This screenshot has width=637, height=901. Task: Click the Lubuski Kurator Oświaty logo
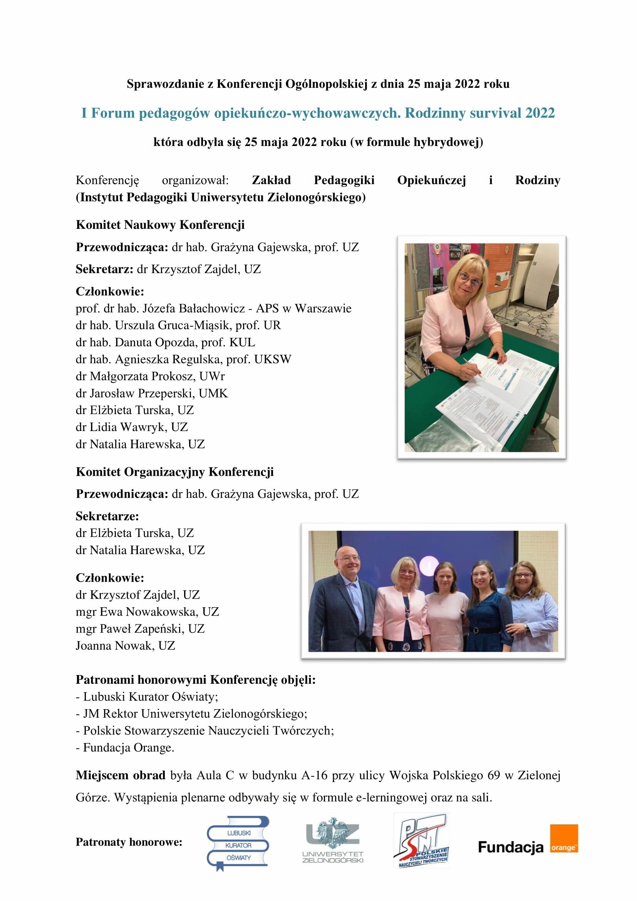click(x=238, y=843)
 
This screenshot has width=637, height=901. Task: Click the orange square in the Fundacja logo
click(x=564, y=839)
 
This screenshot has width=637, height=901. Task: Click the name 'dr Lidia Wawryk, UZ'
click(x=132, y=427)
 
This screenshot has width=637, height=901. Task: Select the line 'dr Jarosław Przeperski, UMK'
click(x=152, y=393)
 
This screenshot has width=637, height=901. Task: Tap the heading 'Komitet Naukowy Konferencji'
click(x=160, y=225)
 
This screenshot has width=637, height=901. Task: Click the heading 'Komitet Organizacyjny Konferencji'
click(x=174, y=472)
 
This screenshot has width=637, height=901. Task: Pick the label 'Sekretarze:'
click(x=107, y=516)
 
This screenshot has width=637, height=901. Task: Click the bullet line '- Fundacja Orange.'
click(x=125, y=748)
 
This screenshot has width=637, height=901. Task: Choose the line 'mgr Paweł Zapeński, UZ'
click(x=140, y=629)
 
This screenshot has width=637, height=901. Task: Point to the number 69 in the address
click(x=494, y=775)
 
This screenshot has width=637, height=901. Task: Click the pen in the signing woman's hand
click(x=472, y=366)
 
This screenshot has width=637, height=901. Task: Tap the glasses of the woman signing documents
click(x=469, y=280)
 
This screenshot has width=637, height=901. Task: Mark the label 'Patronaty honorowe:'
click(x=129, y=842)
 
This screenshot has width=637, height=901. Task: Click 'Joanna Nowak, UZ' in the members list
click(x=126, y=646)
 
